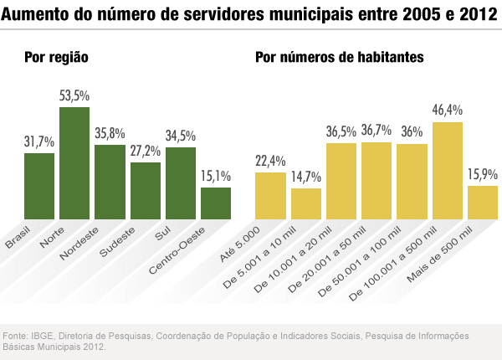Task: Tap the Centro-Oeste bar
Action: [x=216, y=203]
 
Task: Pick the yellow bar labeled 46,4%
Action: [x=448, y=171]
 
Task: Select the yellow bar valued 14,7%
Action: [x=306, y=203]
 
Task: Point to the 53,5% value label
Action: [x=74, y=96]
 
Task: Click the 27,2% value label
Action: [x=146, y=152]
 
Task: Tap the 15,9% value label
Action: [x=483, y=175]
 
